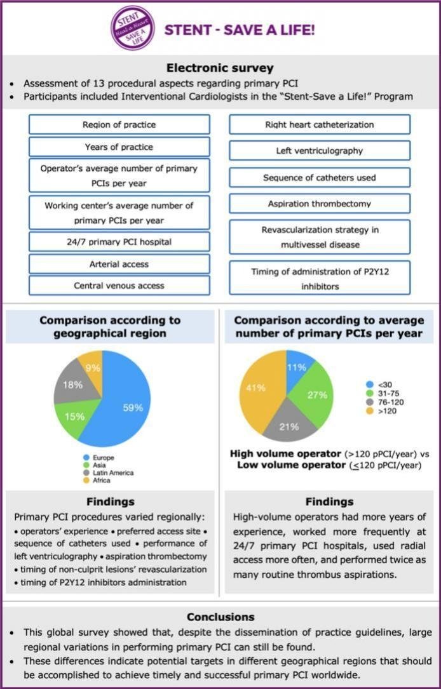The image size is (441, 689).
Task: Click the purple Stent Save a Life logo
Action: (133, 29)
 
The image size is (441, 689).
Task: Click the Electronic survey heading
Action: (220, 68)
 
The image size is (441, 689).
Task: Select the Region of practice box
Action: (119, 124)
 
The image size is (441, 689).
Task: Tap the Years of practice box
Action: (119, 147)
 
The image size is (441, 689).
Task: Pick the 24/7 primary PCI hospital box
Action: (119, 241)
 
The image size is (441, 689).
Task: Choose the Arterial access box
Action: (119, 264)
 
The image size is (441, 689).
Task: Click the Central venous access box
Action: (119, 286)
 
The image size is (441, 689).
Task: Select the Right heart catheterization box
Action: (319, 124)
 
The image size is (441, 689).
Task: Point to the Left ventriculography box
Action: (319, 151)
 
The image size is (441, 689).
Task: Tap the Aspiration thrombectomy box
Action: (319, 204)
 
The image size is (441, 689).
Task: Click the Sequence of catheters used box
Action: (319, 178)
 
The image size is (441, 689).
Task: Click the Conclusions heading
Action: (220, 617)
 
